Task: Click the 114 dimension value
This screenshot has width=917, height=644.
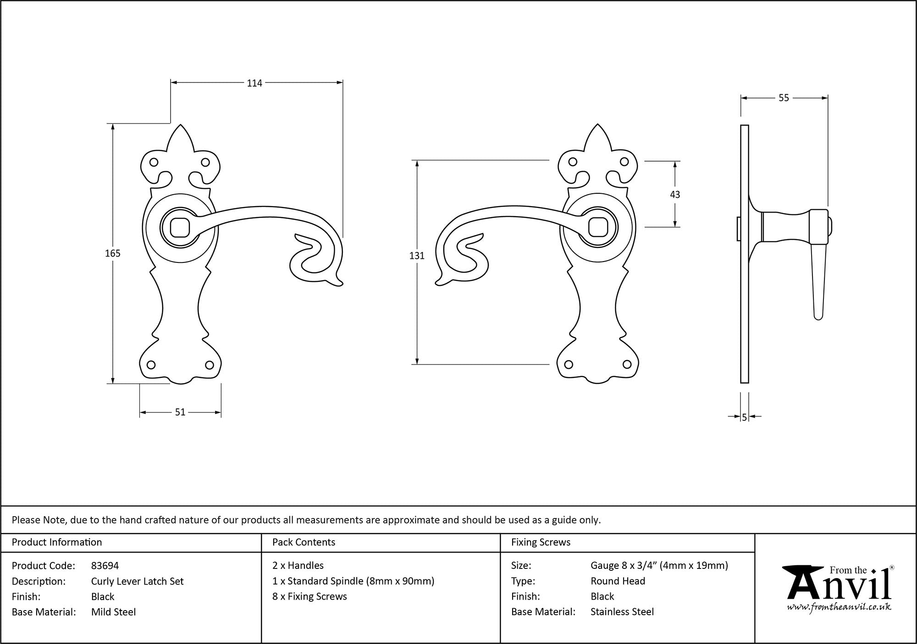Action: (254, 83)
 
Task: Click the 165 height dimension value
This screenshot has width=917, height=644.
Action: (113, 253)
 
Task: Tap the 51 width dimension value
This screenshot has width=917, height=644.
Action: (180, 412)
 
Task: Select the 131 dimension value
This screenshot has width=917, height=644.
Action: (417, 256)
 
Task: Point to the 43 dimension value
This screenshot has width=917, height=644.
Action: (675, 195)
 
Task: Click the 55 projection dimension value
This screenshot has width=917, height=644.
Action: (784, 98)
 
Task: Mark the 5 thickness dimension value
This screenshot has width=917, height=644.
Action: (744, 417)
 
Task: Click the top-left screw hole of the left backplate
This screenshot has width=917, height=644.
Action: (154, 162)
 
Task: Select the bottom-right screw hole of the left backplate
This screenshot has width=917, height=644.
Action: (209, 365)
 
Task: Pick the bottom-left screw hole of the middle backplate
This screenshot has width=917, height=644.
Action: (569, 365)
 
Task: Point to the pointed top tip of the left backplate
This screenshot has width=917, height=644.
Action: (181, 124)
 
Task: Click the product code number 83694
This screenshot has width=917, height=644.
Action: (105, 566)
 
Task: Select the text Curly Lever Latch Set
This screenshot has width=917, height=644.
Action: (137, 581)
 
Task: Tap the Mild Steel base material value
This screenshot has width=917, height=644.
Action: (113, 612)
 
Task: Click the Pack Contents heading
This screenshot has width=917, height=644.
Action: (304, 542)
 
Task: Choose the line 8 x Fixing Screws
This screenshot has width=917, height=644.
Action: (309, 596)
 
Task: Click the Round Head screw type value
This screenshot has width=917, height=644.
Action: (618, 581)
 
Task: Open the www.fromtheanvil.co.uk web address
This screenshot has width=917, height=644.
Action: (839, 607)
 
